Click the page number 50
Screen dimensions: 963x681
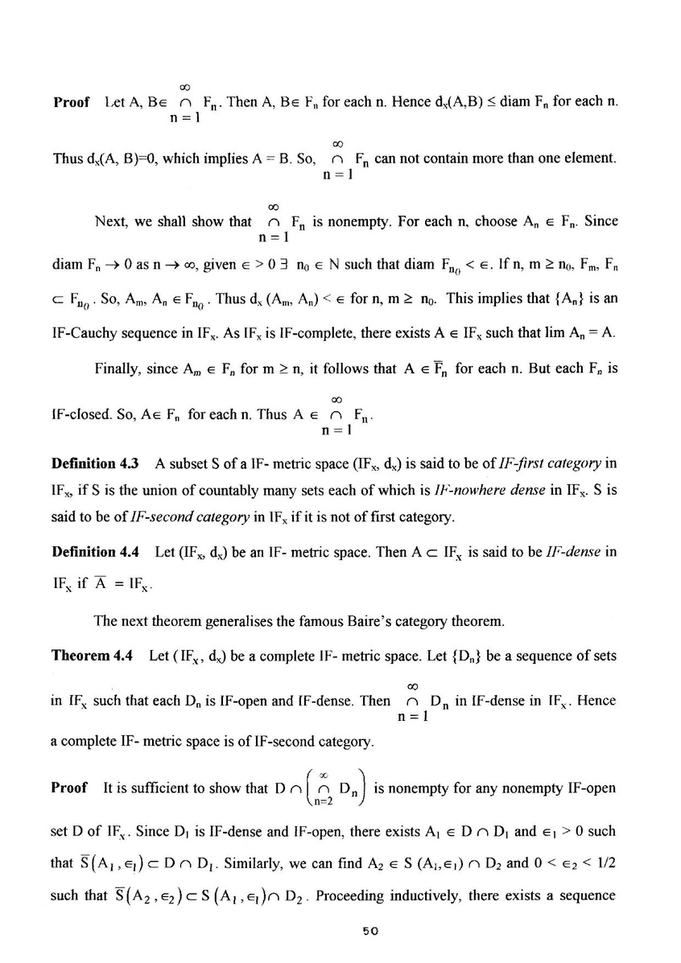tap(370, 928)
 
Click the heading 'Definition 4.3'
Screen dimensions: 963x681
tap(95, 463)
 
